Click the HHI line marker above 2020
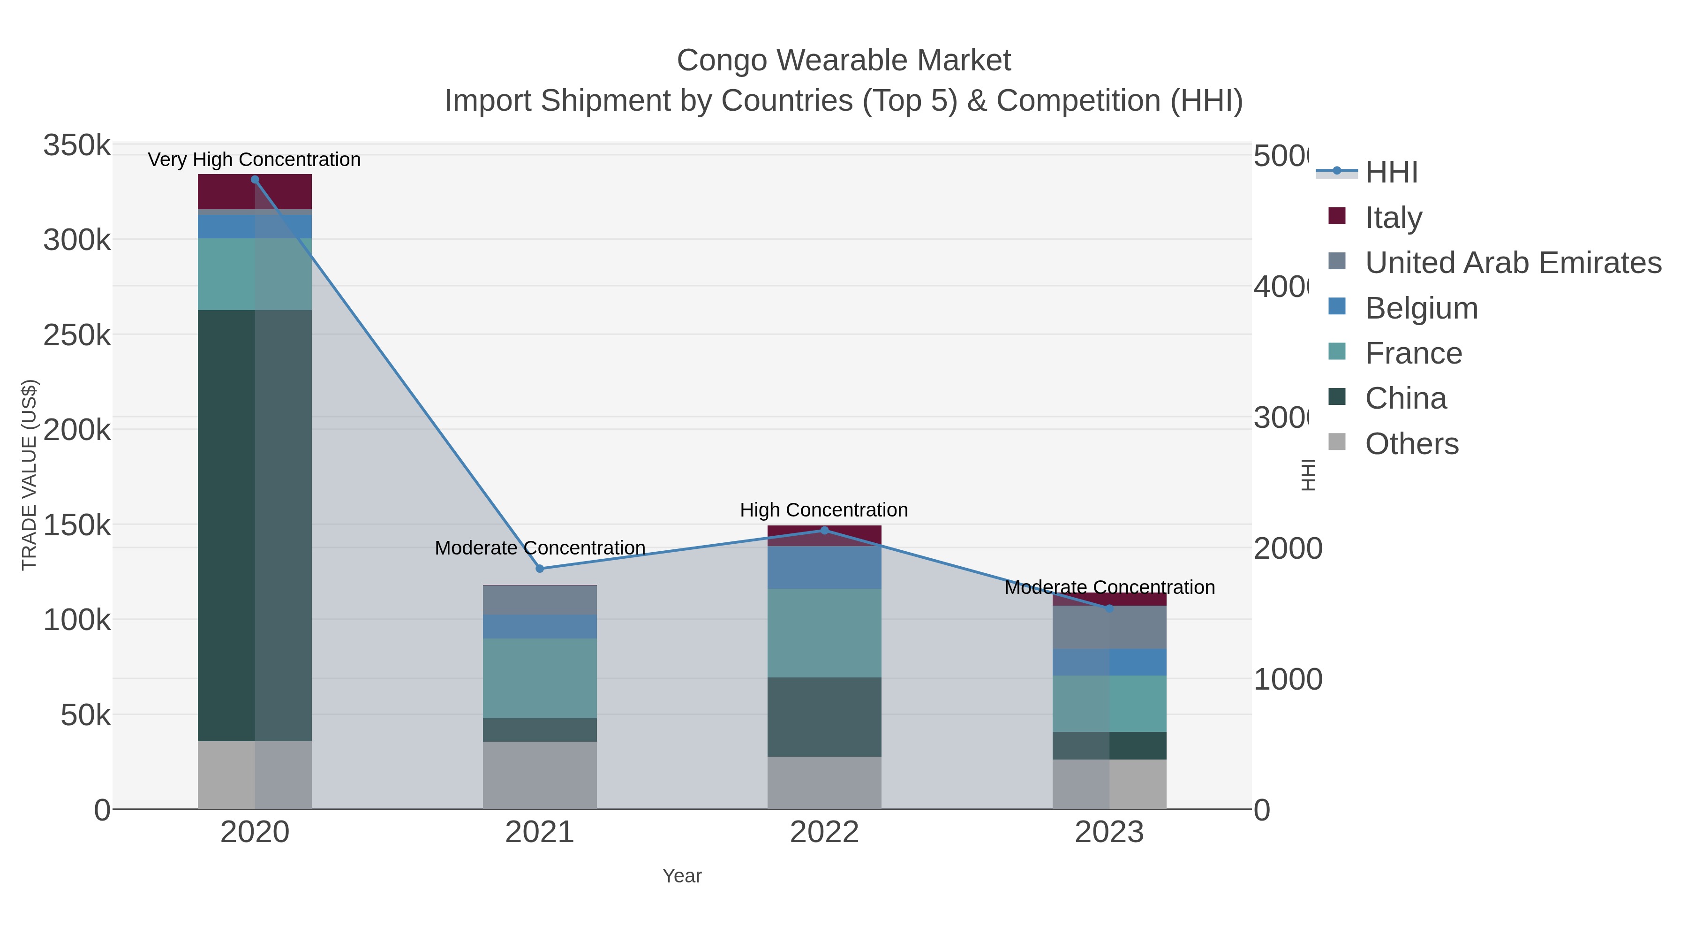pos(255,180)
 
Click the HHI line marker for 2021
pos(540,569)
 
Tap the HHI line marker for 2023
pos(1109,608)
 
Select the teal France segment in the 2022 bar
pos(824,633)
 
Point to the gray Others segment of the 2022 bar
pos(824,783)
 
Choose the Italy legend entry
pos(1393,218)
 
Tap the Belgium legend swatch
pos(1337,306)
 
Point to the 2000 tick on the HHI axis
pos(1288,549)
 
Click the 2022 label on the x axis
pos(824,832)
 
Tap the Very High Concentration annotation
pos(254,160)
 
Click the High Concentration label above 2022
pos(824,509)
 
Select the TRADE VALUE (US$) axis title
pos(30,475)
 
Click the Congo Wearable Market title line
pos(844,61)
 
